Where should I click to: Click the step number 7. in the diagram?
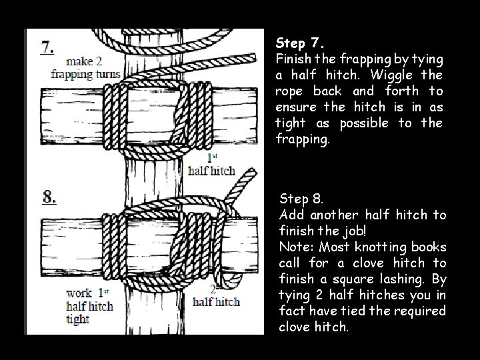[48, 47]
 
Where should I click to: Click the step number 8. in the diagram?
[49, 198]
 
